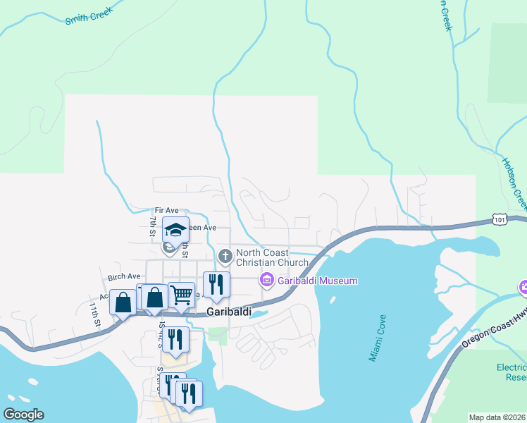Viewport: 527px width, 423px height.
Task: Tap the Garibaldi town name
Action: [x=229, y=311]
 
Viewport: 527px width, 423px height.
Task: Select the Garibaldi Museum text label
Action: [x=317, y=281]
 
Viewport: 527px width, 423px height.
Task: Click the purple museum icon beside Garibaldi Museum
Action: [x=266, y=281]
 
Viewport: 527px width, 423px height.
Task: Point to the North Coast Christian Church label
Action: [x=272, y=257]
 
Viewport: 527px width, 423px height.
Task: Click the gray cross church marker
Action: [x=225, y=255]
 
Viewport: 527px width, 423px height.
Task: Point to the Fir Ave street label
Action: [x=168, y=210]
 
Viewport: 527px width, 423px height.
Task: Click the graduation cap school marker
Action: [x=175, y=229]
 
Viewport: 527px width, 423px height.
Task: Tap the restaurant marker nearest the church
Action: [x=216, y=284]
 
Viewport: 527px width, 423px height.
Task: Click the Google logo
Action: [x=23, y=415]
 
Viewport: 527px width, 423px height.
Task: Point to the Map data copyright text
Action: [x=497, y=417]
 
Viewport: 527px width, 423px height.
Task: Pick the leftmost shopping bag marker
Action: [x=123, y=302]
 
